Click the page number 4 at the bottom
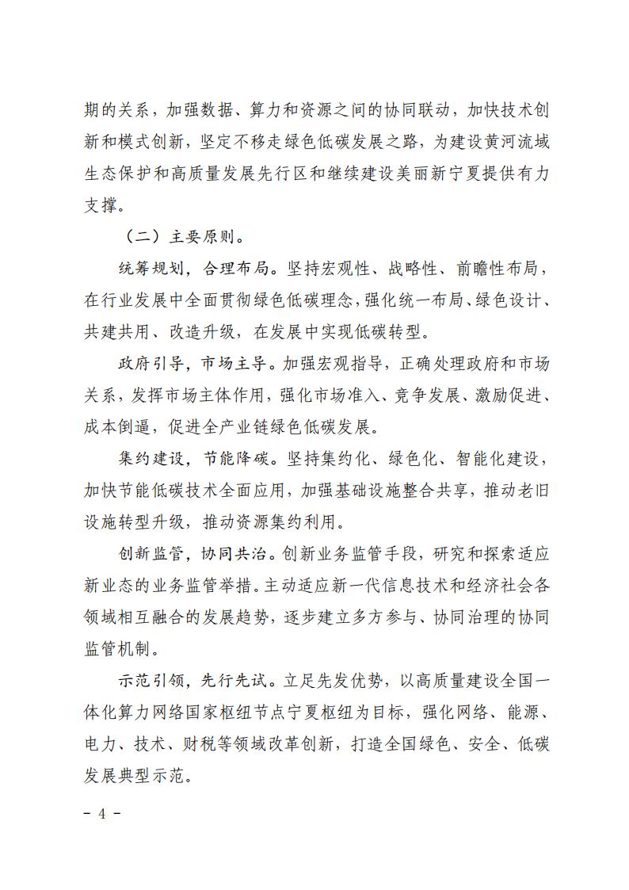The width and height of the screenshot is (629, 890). coord(103,813)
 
